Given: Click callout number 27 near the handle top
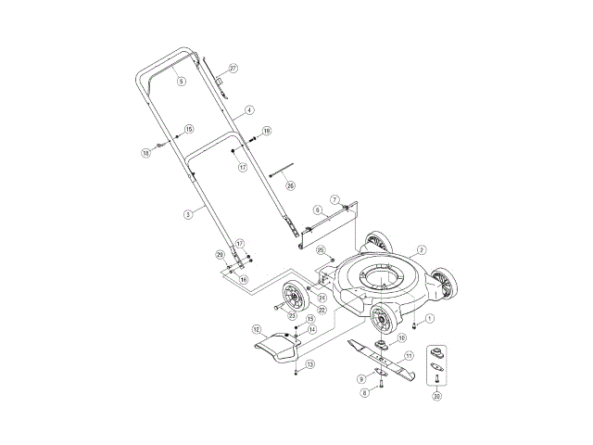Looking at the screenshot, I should tap(233, 69).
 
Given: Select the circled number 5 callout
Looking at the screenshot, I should tap(181, 83).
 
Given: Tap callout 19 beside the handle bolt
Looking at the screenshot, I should tap(266, 131).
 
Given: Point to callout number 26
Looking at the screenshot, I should tap(290, 185).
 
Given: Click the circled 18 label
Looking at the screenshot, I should tap(145, 152).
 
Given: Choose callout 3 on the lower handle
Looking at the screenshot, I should tap(187, 214).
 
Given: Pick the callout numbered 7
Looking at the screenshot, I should tap(334, 200).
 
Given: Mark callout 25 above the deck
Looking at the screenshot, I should tap(322, 250).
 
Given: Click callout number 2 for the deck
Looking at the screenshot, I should tap(422, 249).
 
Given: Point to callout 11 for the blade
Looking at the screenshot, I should tap(409, 355).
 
